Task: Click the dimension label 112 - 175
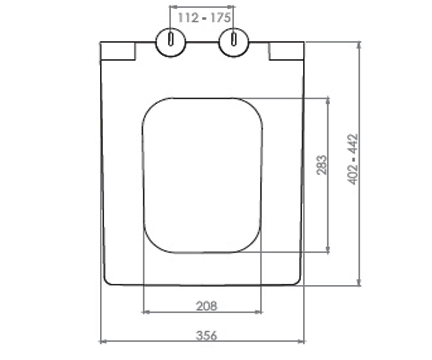tap(204, 18)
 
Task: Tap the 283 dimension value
tap(322, 165)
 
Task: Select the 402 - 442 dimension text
tap(352, 159)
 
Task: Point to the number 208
tap(207, 306)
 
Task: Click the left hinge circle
tap(171, 42)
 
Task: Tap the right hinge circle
tap(234, 42)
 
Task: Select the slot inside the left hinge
tap(171, 39)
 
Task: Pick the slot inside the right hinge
tap(234, 39)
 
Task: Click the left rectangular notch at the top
tap(118, 51)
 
